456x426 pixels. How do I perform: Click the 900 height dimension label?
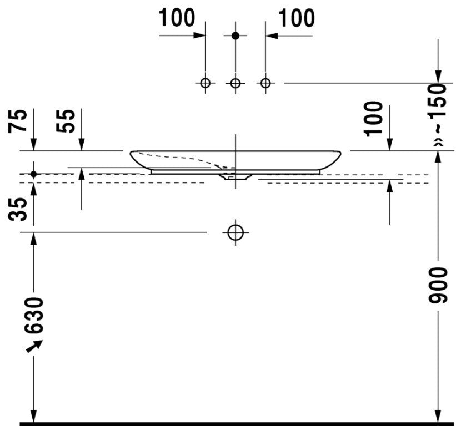[x=438, y=286]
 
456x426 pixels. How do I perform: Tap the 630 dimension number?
[x=34, y=316]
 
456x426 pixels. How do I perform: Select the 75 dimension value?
[x=18, y=121]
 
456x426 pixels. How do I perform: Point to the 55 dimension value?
[x=66, y=121]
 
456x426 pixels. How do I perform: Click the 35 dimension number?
[x=18, y=209]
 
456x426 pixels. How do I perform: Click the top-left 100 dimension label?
[x=177, y=18]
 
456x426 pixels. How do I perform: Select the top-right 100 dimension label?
[x=297, y=18]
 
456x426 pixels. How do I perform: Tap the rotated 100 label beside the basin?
[x=373, y=119]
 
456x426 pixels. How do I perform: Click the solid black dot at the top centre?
[x=235, y=35]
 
